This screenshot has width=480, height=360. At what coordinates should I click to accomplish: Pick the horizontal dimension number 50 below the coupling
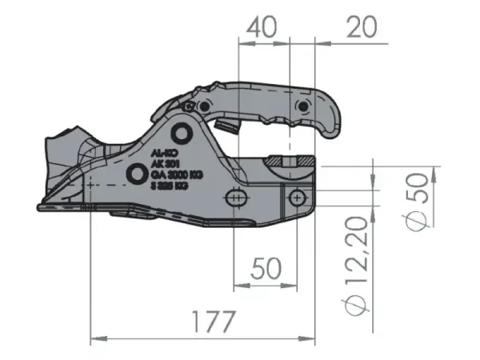pos(266,267)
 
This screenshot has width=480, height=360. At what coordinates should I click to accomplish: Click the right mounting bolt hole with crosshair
pos(297,194)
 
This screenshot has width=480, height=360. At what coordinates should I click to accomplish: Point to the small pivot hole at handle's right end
pos(302,106)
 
